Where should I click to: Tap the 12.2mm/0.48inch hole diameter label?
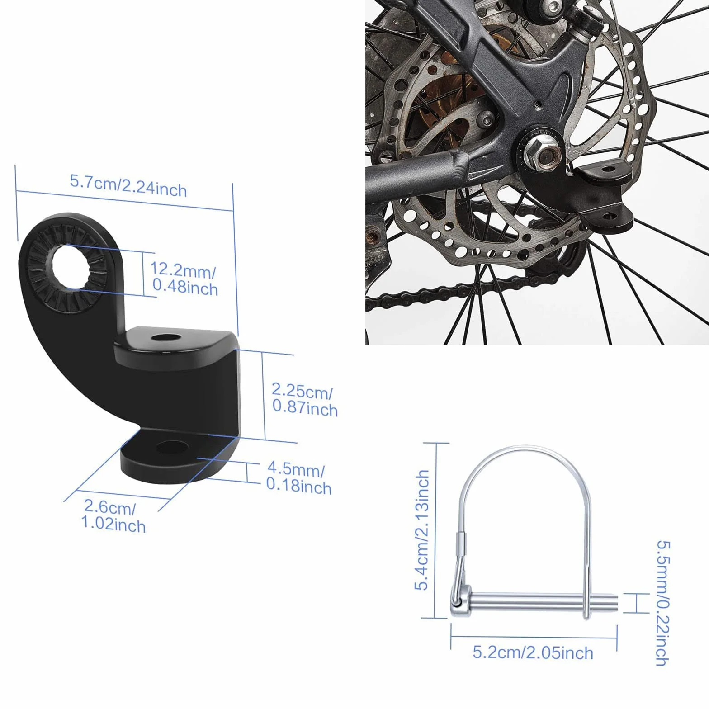[x=184, y=279]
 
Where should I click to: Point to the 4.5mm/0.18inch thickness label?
[x=298, y=478]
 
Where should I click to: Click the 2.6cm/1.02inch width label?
[x=113, y=516]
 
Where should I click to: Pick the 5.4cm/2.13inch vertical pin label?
[x=422, y=529]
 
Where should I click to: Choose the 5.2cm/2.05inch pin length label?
[x=533, y=652]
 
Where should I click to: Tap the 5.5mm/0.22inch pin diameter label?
[x=663, y=603]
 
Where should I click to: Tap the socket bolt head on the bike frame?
[x=487, y=119]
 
